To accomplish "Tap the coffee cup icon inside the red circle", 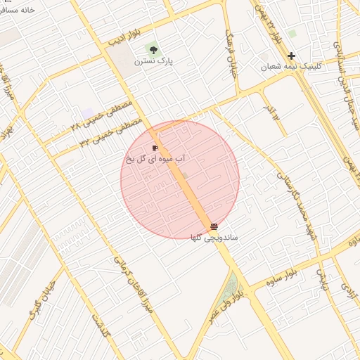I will [x=155, y=148].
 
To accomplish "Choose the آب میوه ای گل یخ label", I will [x=155, y=160].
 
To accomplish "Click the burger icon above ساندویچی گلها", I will [x=214, y=226].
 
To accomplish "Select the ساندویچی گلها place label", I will [x=214, y=238].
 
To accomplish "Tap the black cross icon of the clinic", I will [x=291, y=56].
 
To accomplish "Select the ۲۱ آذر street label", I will [x=270, y=109].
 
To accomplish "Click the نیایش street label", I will [x=322, y=278].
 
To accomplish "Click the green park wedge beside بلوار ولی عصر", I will [x=231, y=288].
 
